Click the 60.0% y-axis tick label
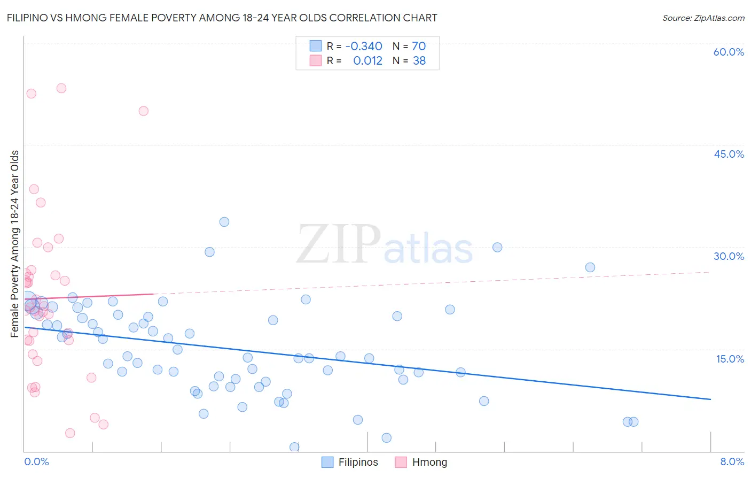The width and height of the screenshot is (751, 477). (729, 52)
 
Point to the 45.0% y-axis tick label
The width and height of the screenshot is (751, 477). (729, 154)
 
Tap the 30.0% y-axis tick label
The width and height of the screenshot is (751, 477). (729, 256)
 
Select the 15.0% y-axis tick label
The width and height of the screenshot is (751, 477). (730, 359)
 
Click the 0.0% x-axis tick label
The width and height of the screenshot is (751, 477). (36, 461)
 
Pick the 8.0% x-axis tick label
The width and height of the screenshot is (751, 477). (732, 461)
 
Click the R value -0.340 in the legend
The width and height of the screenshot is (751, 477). (364, 47)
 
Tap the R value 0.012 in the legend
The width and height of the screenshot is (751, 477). (367, 61)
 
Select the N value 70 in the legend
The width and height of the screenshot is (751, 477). (419, 47)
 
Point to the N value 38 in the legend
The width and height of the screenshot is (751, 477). (419, 61)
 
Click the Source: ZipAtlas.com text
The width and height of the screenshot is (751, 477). (703, 18)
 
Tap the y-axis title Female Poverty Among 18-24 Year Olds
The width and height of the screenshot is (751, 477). (15, 244)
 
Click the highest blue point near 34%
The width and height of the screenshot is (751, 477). (224, 222)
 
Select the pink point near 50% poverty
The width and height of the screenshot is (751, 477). (143, 111)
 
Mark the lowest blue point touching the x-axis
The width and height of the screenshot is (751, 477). (294, 447)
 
